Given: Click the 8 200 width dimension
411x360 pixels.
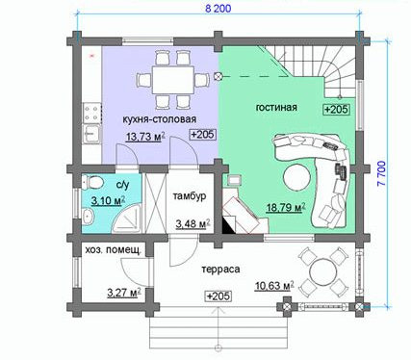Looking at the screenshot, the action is click(x=218, y=9).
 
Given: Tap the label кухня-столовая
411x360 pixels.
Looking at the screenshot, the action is click(x=160, y=119).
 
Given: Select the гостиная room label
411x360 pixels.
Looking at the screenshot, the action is click(x=276, y=107).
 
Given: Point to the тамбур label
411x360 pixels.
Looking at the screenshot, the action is click(x=190, y=196).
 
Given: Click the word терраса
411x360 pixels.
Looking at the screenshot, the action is click(x=220, y=269).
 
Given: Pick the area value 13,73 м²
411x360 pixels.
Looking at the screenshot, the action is click(x=145, y=137).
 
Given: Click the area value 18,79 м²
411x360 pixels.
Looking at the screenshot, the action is click(x=286, y=207).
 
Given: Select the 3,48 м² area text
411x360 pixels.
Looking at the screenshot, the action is click(x=193, y=223).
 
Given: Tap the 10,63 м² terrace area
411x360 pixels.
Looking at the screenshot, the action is click(x=274, y=285).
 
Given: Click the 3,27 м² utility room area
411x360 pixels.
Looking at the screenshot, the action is click(x=124, y=293).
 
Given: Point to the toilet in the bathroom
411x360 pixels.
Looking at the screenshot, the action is click(x=93, y=183).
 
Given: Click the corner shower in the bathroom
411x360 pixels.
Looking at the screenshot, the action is click(x=127, y=217).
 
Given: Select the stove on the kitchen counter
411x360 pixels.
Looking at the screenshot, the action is click(x=91, y=113).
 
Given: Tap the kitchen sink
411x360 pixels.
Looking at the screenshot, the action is click(x=91, y=134).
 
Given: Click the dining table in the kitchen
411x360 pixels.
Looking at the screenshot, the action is click(x=173, y=79).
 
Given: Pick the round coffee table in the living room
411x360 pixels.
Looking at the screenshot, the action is click(x=296, y=177).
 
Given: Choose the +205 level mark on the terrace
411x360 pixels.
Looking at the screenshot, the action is click(x=218, y=296).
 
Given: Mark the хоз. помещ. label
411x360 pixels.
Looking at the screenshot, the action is click(x=114, y=251).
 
